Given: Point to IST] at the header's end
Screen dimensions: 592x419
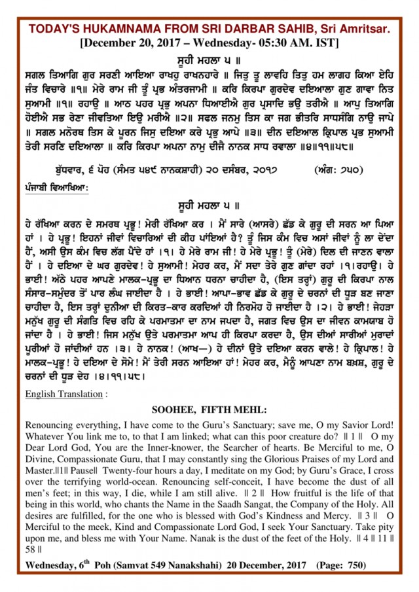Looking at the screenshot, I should click(325, 44).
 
